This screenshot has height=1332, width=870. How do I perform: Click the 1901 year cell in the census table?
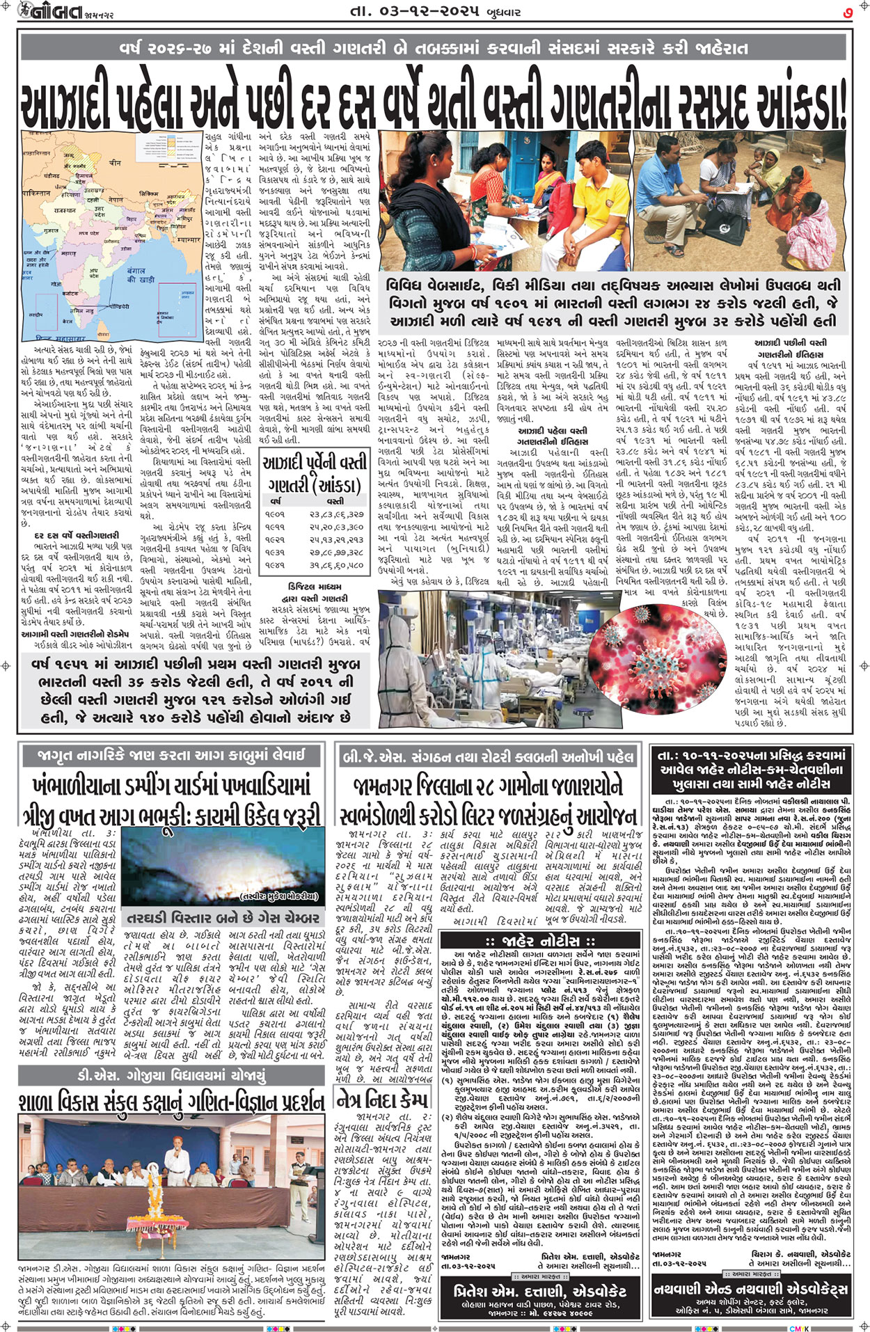pyautogui.click(x=275, y=514)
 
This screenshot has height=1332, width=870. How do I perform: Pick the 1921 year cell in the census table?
pyautogui.click(x=275, y=539)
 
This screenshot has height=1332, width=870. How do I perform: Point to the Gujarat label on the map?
pyautogui.click(x=51, y=229)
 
